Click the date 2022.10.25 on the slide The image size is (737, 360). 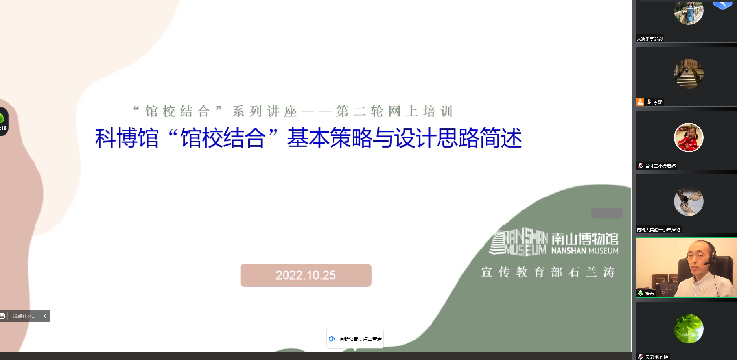pos(306,275)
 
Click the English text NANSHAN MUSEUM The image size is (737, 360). pos(585,251)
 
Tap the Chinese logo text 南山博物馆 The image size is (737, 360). pos(585,238)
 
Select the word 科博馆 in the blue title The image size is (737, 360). pos(127,138)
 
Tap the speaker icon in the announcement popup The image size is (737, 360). pos(332,339)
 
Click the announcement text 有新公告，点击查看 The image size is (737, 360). pos(361,339)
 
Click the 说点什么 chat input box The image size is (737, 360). pos(24,316)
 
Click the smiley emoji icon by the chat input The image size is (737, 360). pos(2,316)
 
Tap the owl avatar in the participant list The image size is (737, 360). pos(689,201)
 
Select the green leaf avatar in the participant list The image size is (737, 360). pos(689,329)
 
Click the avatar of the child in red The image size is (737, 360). pos(689,137)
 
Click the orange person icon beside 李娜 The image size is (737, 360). pos(640,102)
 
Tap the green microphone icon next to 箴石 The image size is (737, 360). pos(641,293)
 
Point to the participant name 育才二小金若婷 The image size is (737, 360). pos(660,166)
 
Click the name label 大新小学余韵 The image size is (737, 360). pos(650,39)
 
